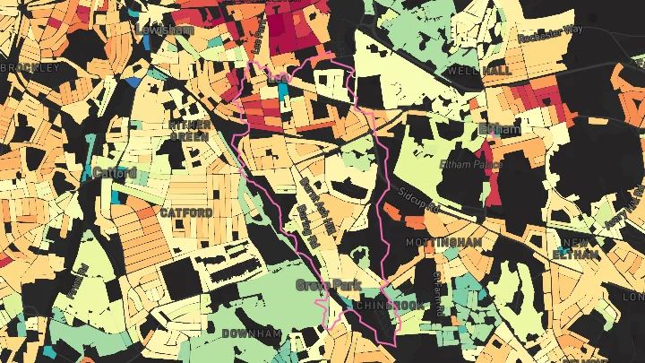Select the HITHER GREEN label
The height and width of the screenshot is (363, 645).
189,130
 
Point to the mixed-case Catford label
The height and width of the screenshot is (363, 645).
115,172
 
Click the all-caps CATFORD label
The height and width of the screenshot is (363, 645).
186,212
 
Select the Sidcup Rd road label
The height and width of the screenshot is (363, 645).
417,197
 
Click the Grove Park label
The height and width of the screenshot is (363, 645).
326,285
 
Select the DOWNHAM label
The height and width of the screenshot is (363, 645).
254,333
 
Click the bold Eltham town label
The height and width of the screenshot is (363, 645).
500,130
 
